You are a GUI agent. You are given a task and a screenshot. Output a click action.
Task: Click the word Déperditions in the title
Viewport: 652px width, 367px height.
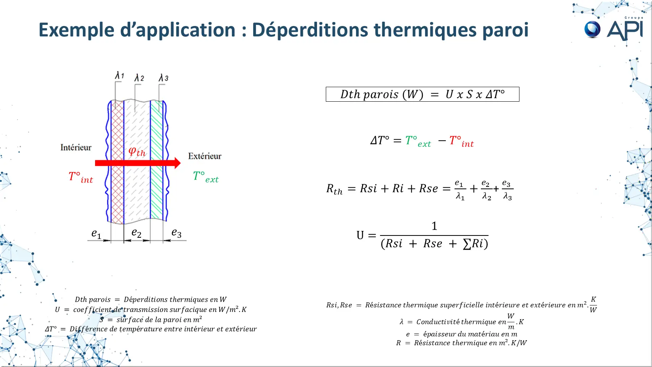pos(310,30)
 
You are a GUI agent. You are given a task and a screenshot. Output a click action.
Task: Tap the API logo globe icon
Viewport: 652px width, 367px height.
pos(592,29)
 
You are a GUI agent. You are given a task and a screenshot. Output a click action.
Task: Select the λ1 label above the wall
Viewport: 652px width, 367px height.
pos(119,75)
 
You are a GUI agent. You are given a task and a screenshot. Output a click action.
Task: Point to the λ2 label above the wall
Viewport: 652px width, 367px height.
pos(139,78)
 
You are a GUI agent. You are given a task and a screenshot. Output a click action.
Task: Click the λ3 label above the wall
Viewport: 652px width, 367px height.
pos(163,78)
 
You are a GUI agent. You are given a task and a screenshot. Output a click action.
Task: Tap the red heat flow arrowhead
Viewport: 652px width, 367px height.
pos(177,163)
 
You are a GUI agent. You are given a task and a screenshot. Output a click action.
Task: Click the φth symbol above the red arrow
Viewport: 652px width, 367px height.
pos(137,151)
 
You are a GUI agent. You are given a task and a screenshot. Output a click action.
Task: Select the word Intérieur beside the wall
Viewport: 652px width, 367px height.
pos(76,148)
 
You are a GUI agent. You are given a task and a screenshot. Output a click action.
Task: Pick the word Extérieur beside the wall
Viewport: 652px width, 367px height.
pos(205,156)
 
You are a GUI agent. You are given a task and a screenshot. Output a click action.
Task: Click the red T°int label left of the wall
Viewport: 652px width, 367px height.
pos(81,177)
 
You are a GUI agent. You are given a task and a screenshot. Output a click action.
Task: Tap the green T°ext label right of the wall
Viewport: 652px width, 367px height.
pos(206,177)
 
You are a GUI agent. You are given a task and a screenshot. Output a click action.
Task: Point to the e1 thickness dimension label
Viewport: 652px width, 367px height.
pos(96,234)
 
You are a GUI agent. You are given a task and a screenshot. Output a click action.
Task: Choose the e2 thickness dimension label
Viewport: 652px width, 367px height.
pos(136,233)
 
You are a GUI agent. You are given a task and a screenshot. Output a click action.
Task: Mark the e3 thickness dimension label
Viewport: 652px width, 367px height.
pos(176,233)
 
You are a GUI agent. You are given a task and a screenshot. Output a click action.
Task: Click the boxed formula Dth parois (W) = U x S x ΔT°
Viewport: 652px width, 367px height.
pos(422,94)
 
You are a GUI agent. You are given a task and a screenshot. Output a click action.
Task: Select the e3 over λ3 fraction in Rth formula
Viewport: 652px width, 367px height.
pos(507,190)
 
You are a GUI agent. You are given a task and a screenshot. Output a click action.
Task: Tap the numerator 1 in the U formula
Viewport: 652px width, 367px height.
pos(434,226)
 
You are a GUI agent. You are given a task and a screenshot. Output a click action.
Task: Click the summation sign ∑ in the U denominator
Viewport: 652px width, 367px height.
pos(467,244)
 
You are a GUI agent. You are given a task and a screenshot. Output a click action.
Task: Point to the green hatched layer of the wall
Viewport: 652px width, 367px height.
pos(157,160)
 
